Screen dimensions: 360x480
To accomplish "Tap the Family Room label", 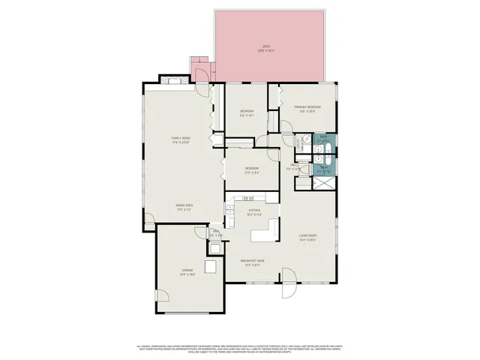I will click(x=180, y=139).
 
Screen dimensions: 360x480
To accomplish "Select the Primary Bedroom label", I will click(x=307, y=109).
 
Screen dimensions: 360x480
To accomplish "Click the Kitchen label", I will click(x=254, y=211).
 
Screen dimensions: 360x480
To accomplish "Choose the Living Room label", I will click(x=309, y=238).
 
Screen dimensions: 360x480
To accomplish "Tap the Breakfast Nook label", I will click(x=250, y=262).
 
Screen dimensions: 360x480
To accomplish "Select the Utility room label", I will click(x=214, y=233).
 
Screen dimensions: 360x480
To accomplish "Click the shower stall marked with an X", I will click(x=328, y=184).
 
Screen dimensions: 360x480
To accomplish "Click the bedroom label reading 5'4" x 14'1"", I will click(x=247, y=113).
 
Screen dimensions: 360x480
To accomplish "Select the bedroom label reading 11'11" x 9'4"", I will click(x=251, y=170).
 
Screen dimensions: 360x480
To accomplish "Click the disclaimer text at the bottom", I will click(x=240, y=349).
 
